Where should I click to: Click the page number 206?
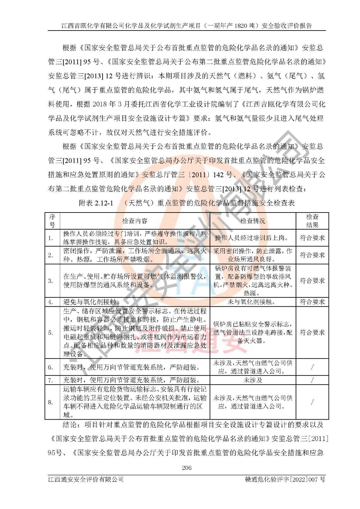pyautogui.click(x=187, y=468)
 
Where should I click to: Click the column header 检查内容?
pyautogui.click(x=135, y=221)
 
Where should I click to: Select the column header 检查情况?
pyautogui.click(x=253, y=221)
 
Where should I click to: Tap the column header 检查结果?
pyautogui.click(x=312, y=221)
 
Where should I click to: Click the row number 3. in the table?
pyautogui.click(x=51, y=281)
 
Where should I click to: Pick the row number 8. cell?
pyautogui.click(x=51, y=402)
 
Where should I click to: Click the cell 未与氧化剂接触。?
pyautogui.click(x=253, y=302)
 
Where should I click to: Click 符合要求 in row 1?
pyautogui.click(x=312, y=238)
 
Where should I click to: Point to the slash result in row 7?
pyautogui.click(x=312, y=380)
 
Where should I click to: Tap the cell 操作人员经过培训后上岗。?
pyautogui.click(x=251, y=238)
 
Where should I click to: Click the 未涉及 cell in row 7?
pyautogui.click(x=253, y=380)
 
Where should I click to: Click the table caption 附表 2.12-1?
pyautogui.click(x=96, y=203)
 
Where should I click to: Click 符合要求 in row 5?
pyautogui.click(x=312, y=332)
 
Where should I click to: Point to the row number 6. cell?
pyautogui.click(x=51, y=367)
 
